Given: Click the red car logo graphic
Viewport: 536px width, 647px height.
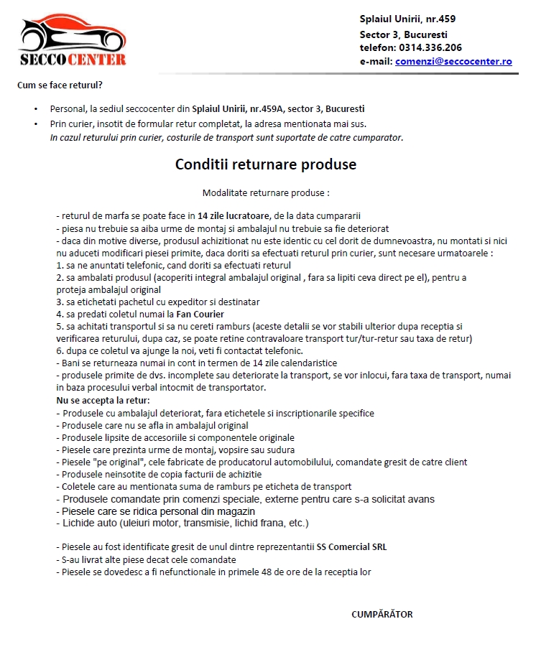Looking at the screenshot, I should [73, 32].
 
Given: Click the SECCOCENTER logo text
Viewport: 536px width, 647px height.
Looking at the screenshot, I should [73, 59].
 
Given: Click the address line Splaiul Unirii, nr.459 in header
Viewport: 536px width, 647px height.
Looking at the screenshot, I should [407, 19].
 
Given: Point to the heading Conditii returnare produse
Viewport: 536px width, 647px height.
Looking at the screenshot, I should [266, 164].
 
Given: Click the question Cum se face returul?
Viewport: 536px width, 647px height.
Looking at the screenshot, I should [60, 85].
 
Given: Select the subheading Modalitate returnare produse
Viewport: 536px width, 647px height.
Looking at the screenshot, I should [266, 193].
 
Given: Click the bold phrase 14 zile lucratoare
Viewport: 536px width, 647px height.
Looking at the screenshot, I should [234, 215].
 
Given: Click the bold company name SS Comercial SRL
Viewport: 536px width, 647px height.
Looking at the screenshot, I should [351, 546].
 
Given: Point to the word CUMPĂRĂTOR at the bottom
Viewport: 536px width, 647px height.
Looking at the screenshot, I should [382, 614].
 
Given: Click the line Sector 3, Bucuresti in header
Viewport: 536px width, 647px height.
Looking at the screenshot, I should [404, 34].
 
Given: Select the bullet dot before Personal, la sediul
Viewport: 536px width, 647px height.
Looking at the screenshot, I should [36, 109].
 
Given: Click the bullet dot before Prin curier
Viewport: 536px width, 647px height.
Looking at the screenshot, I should [36, 124].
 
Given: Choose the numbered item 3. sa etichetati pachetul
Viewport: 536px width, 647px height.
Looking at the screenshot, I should [158, 302].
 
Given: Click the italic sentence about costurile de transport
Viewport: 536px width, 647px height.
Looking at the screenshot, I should [226, 137].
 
